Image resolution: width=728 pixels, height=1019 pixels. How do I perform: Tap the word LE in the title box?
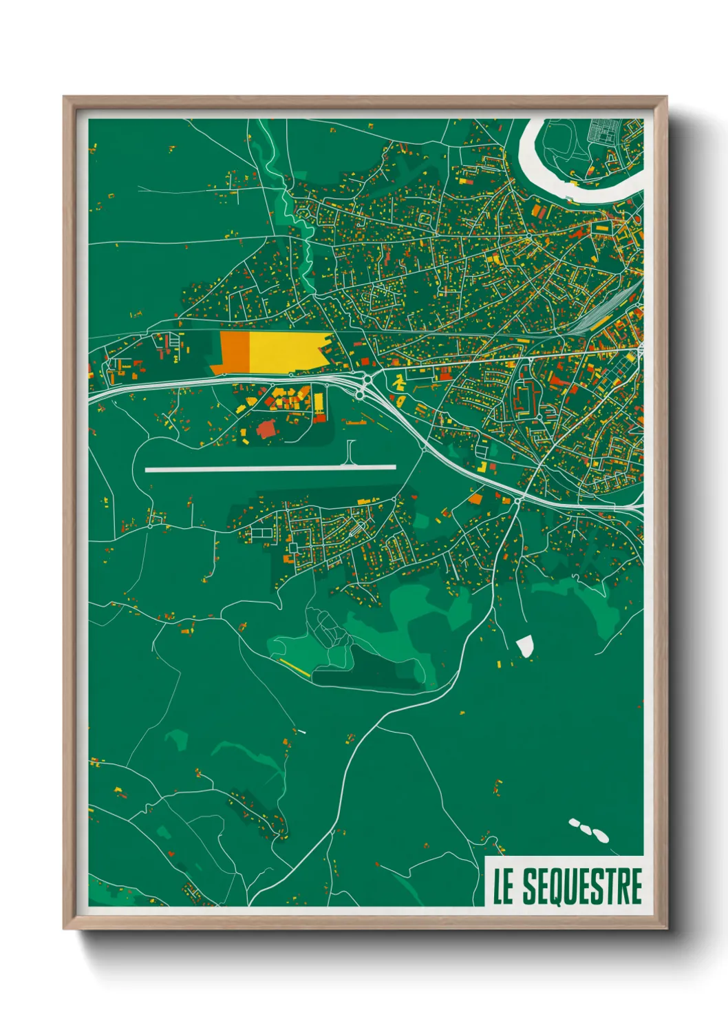pyautogui.click(x=503, y=887)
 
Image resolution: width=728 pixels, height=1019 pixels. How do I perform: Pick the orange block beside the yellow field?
pyautogui.click(x=234, y=353)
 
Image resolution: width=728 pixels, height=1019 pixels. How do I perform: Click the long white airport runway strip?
pyautogui.click(x=270, y=469)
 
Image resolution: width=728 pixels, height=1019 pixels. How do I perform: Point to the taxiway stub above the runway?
pyautogui.click(x=351, y=452)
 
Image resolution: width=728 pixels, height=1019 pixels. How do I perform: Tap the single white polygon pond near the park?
pyautogui.click(x=525, y=646)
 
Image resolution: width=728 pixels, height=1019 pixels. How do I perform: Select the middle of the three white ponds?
pyautogui.click(x=587, y=828)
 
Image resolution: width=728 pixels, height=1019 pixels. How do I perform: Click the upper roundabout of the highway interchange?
pyautogui.click(x=367, y=379)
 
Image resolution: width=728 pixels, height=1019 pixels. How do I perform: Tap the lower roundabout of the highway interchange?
pyautogui.click(x=361, y=395)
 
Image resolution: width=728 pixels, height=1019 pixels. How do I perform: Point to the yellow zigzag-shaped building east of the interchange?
pyautogui.click(x=398, y=381)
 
